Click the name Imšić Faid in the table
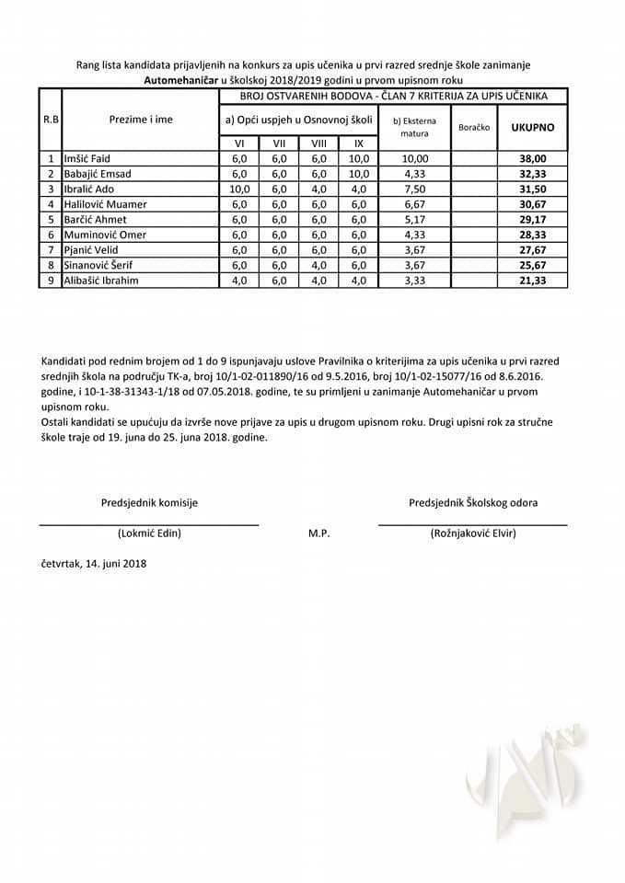(x=87, y=159)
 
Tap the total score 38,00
(x=533, y=159)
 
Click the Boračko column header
(x=474, y=127)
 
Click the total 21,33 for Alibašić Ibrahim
(x=533, y=281)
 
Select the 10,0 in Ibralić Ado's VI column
(x=239, y=189)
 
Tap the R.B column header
(x=51, y=120)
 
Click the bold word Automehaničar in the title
(x=183, y=80)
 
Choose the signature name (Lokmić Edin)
(x=149, y=533)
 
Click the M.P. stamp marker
(x=319, y=533)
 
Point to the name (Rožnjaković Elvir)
(x=473, y=533)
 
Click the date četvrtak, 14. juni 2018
(x=93, y=563)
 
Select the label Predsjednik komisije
(x=149, y=502)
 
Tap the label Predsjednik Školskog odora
(x=473, y=502)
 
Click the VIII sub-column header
(x=319, y=143)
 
